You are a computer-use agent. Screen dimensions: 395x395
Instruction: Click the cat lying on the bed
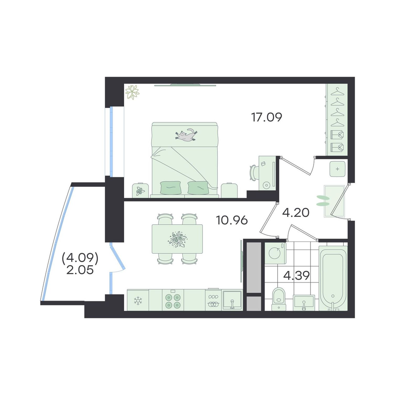coord(186,135)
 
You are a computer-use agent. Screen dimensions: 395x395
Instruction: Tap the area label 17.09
coord(267,117)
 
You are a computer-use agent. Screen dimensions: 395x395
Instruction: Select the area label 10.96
coord(232,220)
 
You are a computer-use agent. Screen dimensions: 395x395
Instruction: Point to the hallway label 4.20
coord(296,213)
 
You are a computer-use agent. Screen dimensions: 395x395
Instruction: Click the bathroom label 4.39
coord(297,276)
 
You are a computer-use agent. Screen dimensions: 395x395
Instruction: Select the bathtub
coord(333,278)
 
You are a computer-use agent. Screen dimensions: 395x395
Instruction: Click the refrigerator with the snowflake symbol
coord(138,300)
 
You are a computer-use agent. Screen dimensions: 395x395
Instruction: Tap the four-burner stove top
coord(173,300)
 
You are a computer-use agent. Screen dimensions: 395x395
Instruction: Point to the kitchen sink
coord(232,300)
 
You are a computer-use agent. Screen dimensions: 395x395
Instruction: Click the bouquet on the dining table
coord(178,239)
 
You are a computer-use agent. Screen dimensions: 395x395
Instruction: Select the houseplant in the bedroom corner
coord(132,92)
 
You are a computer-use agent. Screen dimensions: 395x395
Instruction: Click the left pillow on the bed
coord(170,188)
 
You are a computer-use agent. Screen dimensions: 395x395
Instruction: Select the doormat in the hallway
coord(335,201)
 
